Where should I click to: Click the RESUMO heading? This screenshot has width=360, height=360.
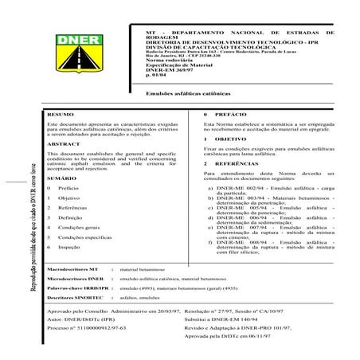(x=61, y=116)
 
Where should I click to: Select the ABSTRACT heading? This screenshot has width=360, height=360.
(x=64, y=143)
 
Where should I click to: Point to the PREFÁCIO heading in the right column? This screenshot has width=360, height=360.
(x=228, y=116)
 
